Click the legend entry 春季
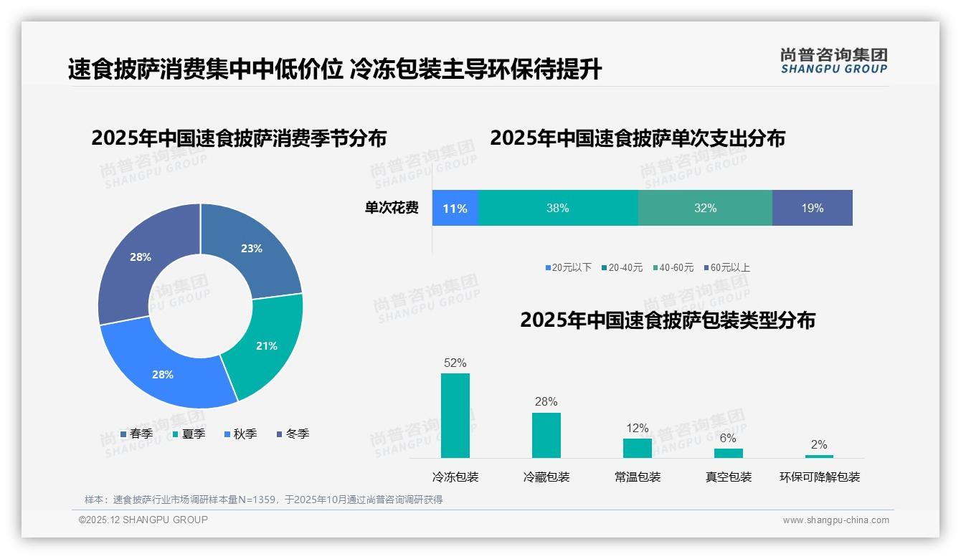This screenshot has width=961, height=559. [x=136, y=434]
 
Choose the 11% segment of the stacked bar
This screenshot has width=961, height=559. [x=455, y=209]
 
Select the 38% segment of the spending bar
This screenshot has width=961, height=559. [x=557, y=209]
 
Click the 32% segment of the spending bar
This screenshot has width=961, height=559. [x=705, y=209]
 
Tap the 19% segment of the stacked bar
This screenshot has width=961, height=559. [x=812, y=209]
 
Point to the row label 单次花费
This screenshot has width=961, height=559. [x=392, y=209]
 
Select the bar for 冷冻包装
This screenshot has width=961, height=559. [x=455, y=416]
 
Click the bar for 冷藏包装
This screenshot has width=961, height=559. [x=546, y=435]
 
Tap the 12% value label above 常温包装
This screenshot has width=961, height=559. [x=637, y=429]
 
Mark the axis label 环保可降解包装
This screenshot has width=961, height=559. [x=819, y=477]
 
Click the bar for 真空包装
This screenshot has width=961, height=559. [x=728, y=453]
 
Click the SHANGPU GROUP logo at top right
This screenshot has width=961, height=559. [x=833, y=60]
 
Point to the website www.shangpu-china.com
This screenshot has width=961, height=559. [x=835, y=520]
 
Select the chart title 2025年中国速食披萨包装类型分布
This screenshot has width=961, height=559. [x=667, y=320]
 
